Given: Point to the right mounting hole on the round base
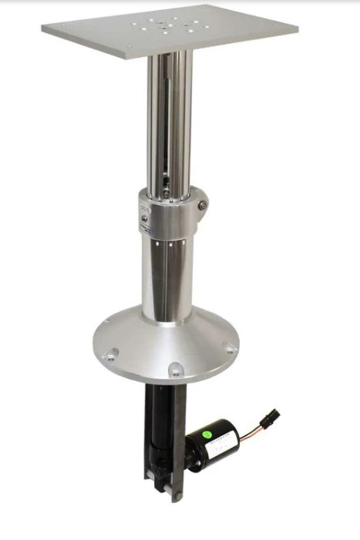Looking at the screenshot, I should tap(231, 349).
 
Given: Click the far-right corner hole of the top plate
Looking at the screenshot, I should tap(275, 24).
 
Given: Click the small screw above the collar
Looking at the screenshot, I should tap(167, 194).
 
